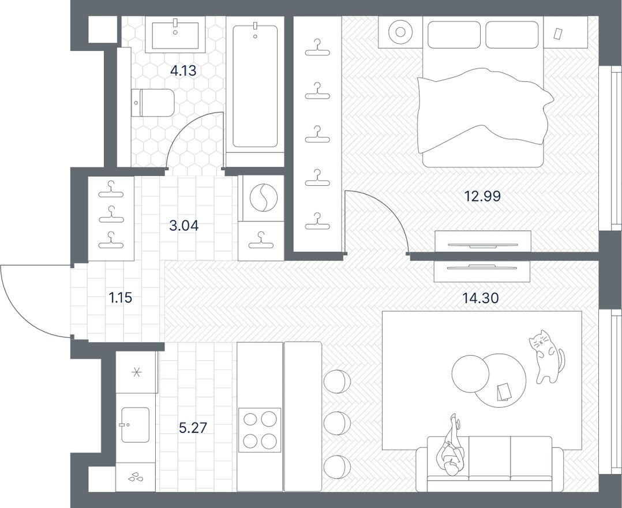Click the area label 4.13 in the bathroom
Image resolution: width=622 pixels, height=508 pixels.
183,71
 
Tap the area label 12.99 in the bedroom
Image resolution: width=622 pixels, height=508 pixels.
482,196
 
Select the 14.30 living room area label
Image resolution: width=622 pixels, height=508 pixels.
480,298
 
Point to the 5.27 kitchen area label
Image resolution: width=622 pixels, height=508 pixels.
193,428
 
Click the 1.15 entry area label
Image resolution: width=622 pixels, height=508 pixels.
121,298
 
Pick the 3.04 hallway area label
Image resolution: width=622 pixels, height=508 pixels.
183,225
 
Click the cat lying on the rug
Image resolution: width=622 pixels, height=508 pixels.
545,354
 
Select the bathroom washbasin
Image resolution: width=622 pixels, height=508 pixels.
175,35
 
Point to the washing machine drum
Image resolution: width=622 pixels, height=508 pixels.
263,197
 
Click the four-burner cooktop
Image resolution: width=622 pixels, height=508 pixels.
259,429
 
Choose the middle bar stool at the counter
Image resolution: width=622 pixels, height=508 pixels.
336,423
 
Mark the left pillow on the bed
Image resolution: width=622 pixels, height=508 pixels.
454,35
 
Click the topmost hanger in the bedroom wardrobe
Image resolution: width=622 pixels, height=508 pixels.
317,47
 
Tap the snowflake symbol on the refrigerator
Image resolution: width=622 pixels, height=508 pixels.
137,372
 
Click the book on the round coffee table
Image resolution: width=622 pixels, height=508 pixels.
503,392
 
